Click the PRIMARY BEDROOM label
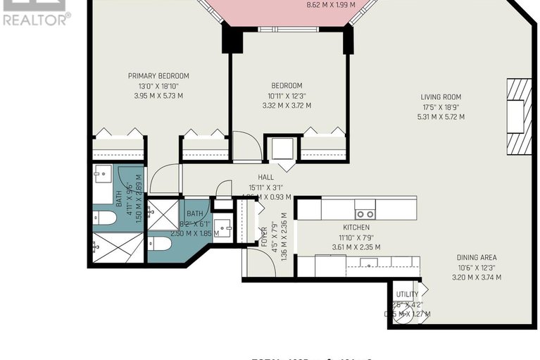(x=158, y=76)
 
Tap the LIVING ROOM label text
(x=441, y=97)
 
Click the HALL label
(x=265, y=178)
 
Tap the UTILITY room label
(x=407, y=294)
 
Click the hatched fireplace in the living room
(x=519, y=116)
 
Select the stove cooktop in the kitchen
(x=365, y=209)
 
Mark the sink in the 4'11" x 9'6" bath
(x=103, y=173)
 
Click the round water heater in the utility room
(x=403, y=315)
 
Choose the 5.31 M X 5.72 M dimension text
(x=441, y=117)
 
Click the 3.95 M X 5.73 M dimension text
(x=158, y=96)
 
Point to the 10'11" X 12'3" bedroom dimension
(x=287, y=96)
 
